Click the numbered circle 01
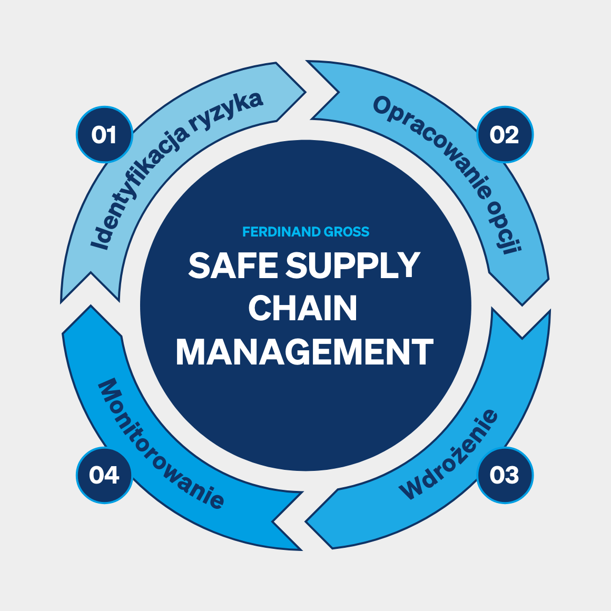click(104, 134)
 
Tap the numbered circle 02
click(505, 134)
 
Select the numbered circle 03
click(505, 475)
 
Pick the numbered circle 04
click(104, 475)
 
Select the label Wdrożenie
click(448, 454)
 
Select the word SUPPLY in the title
click(353, 265)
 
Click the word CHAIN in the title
click(303, 308)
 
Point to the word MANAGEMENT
click(305, 351)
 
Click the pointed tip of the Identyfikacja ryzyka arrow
click(305, 92)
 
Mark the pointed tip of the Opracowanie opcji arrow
click(522, 305)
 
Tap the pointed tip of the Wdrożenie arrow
click(305, 521)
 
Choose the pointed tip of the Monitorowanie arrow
click(91, 305)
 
